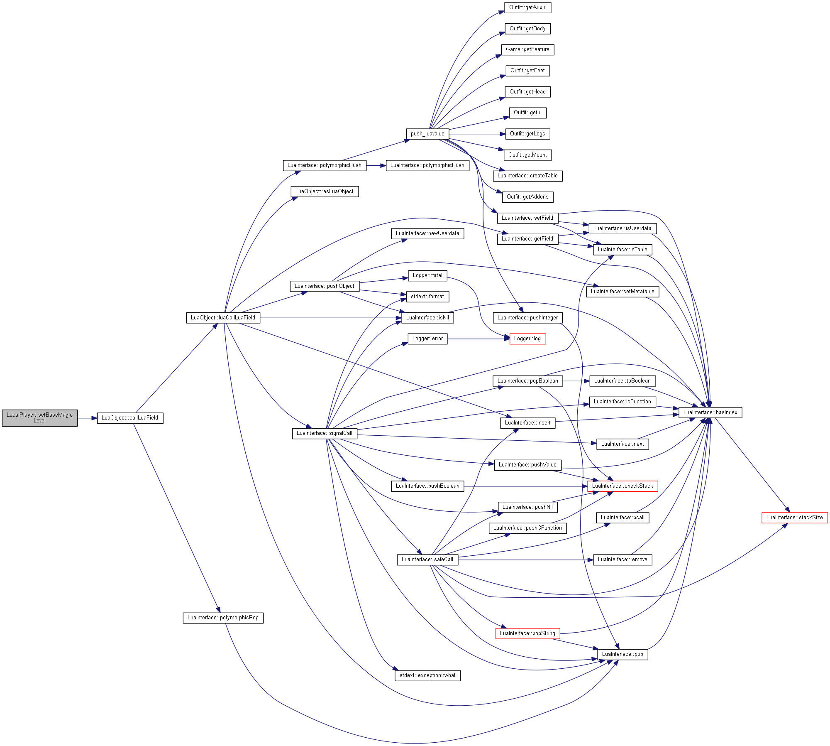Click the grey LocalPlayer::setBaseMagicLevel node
[x=39, y=418]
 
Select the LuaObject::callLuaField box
[x=130, y=418]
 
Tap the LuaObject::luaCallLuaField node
[x=223, y=318]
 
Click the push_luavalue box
[x=427, y=134]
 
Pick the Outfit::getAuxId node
[x=528, y=7]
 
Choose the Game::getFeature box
[x=527, y=49]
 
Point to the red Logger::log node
[x=527, y=339]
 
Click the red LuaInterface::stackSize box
[x=795, y=518]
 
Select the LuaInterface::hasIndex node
[x=710, y=412]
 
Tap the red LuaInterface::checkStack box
[x=622, y=486]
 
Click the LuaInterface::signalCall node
[x=325, y=433]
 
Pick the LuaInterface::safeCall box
[x=427, y=559]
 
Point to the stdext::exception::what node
[x=427, y=675]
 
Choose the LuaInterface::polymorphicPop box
[x=223, y=618]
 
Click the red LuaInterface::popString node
[x=527, y=633]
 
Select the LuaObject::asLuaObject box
[x=325, y=191]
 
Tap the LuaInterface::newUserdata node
[x=427, y=233]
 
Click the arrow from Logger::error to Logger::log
[x=478, y=339]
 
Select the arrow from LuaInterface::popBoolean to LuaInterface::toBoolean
[x=576, y=381]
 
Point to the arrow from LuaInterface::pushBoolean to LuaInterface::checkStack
[x=526, y=486]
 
